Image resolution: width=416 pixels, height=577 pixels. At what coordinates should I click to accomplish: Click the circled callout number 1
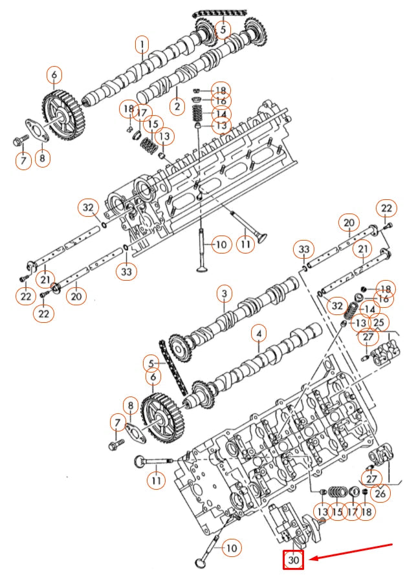(142, 45)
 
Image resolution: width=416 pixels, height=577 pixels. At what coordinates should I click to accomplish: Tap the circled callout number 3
(224, 295)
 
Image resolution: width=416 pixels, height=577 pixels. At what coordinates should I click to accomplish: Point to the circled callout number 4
(258, 334)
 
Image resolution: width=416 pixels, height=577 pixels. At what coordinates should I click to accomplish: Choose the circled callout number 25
(378, 321)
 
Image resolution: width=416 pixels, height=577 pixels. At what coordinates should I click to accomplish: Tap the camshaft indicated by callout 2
(194, 68)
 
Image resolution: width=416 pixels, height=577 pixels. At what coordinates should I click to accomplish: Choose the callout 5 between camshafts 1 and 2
(223, 29)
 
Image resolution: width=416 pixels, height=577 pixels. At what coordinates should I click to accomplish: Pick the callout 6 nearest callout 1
(54, 76)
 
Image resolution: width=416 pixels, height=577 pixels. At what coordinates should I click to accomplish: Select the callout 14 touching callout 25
(366, 310)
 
